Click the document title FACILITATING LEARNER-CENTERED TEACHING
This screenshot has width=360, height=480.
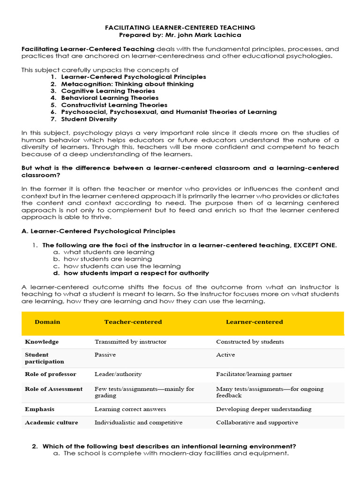(x=180, y=28)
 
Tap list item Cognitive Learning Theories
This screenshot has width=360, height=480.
(x=108, y=91)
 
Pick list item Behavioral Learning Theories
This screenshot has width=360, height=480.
(x=110, y=98)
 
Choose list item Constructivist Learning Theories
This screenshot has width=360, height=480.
(x=114, y=105)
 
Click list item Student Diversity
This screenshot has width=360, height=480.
(x=89, y=119)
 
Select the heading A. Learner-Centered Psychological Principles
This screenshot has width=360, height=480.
(x=98, y=231)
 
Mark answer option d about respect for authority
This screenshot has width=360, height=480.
(x=136, y=273)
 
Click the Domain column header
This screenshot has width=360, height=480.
(x=47, y=322)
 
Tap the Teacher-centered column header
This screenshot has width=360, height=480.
(x=133, y=322)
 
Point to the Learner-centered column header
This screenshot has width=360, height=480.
(x=254, y=322)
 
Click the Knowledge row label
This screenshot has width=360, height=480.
(x=42, y=342)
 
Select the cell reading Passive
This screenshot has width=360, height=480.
(x=105, y=355)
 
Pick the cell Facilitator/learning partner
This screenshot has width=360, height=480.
(x=254, y=374)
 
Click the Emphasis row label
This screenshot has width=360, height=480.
(x=39, y=409)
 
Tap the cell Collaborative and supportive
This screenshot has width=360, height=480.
(x=256, y=422)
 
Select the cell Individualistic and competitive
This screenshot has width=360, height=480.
(x=138, y=422)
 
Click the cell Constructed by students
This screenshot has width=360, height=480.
(x=249, y=342)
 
